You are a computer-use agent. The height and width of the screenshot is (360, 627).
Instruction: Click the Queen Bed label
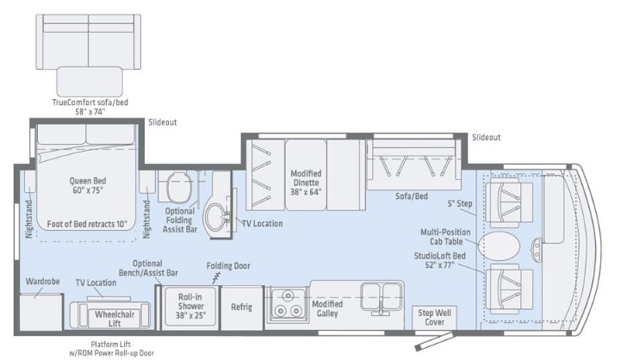88,185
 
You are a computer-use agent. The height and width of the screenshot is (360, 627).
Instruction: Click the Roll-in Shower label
190,306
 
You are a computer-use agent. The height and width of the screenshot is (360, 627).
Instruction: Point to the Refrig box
241,307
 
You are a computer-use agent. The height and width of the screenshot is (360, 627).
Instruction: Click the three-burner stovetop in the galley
288,304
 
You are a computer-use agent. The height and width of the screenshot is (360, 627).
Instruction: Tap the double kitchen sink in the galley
382,297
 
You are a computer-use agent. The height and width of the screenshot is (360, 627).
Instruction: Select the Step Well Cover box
434,318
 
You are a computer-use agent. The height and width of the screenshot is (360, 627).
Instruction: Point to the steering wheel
536,248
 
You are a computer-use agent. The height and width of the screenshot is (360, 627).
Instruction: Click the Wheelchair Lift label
115,319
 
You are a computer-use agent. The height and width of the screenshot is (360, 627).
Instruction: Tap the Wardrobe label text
42,282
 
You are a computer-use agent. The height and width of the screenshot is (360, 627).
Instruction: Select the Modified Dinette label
306,183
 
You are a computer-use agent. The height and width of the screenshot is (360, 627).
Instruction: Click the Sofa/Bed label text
412,196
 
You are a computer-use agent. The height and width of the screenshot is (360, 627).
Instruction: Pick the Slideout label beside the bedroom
162,122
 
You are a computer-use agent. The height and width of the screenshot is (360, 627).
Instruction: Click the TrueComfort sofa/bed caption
90,107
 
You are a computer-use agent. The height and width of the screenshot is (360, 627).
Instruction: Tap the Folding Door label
228,265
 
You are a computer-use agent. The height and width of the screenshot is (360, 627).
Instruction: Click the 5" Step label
460,203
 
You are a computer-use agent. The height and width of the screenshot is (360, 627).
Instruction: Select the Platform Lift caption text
111,349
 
